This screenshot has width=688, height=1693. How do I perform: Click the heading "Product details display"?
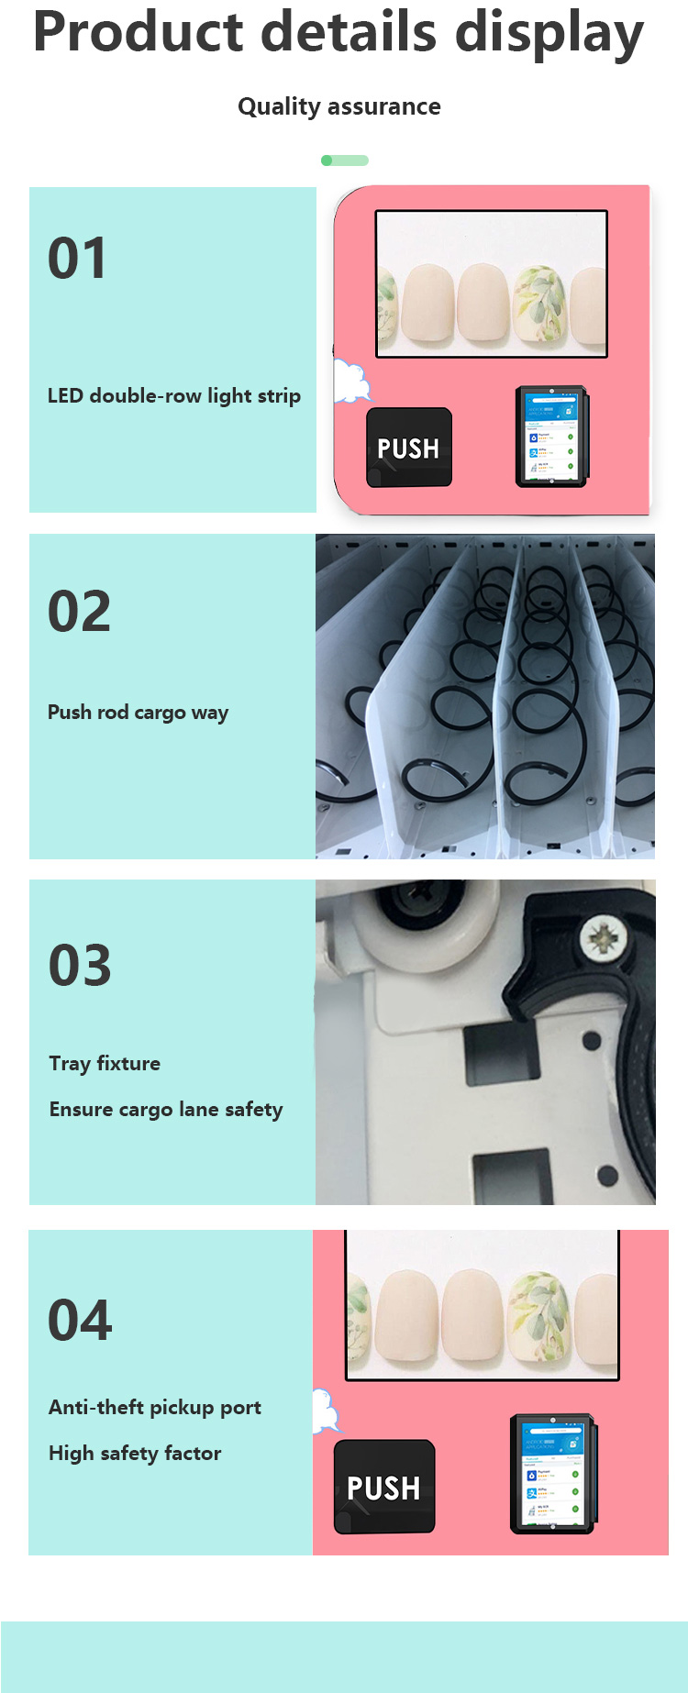coord(338,33)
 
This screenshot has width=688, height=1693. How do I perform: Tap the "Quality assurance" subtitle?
coord(338,106)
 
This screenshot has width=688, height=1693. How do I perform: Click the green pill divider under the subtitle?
coord(345,160)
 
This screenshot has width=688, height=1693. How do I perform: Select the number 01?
coord(77,259)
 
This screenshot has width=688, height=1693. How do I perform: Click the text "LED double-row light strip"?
coord(173,396)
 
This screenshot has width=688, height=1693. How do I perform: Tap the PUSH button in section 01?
coord(409,448)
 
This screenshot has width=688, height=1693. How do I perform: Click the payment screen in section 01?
coord(550,437)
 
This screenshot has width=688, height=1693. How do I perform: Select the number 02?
coord(79,612)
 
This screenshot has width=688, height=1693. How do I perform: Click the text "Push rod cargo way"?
coord(138,713)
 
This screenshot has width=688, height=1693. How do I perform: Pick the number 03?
coord(80,966)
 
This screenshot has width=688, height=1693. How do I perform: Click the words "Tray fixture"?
coord(105,1064)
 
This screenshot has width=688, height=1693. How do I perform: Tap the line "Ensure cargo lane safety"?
coord(166,1110)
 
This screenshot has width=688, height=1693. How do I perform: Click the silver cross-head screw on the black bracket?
coord(603,939)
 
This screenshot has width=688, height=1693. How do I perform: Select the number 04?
coord(80,1321)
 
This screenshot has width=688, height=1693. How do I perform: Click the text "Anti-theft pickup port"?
coord(155,1408)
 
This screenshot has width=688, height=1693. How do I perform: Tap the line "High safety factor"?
coord(135,1454)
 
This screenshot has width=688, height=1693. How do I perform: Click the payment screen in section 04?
coord(551,1474)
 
